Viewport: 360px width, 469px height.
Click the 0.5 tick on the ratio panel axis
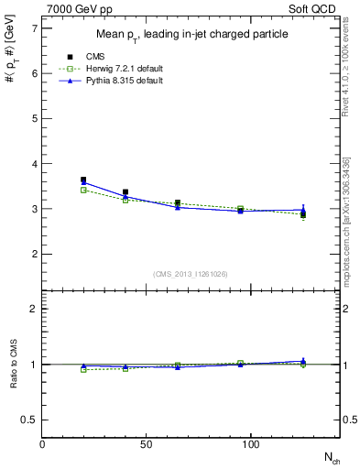[x=29, y=420]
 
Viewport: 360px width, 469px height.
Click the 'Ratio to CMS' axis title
[x=12, y=365]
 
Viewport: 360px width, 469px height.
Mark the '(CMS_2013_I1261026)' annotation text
[x=191, y=274]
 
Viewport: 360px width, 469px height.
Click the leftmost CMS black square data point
[x=83, y=180]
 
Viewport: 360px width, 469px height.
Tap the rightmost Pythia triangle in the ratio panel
[x=303, y=361]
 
